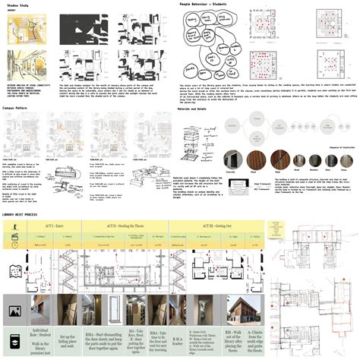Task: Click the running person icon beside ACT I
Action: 15,207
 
